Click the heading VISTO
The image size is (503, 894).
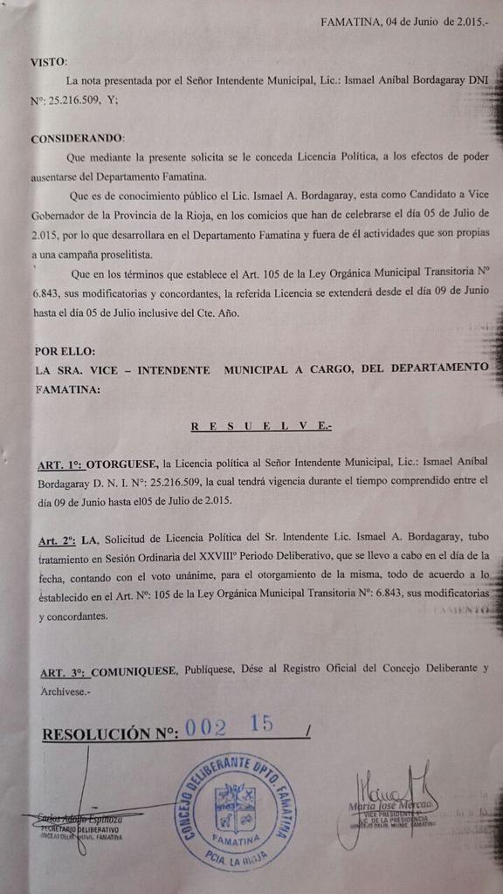point(47,62)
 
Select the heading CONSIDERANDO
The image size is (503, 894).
point(76,139)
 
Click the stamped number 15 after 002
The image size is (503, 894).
point(261,724)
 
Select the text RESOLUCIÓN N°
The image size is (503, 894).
point(109,733)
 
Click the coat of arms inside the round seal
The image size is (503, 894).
point(234,808)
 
